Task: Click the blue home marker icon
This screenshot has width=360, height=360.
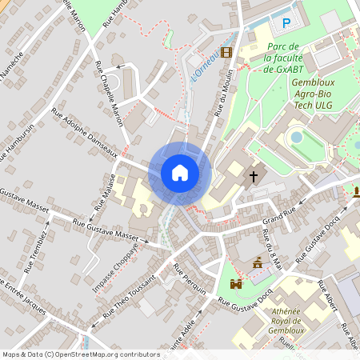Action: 180,172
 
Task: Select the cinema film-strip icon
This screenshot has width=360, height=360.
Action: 226,53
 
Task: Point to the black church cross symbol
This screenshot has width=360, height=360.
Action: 254,175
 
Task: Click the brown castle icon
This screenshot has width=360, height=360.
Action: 236,284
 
